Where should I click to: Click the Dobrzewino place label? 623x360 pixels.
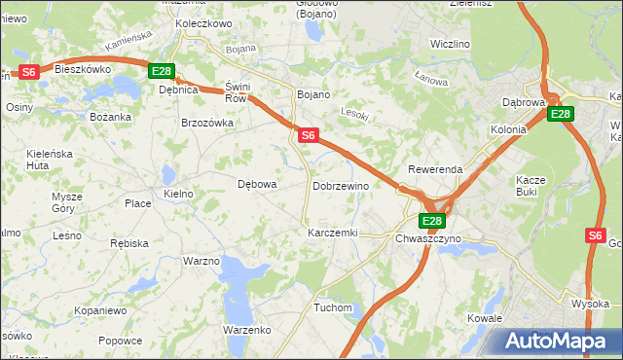pos(341,186)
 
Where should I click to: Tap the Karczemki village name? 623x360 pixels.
pos(333,234)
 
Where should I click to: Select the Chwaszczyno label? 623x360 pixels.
pos(428,238)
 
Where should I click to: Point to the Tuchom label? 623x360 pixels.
pos(332,307)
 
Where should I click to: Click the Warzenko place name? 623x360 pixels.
pos(246,330)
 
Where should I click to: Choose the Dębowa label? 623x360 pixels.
pos(258,183)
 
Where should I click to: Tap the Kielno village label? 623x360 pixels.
pos(179,195)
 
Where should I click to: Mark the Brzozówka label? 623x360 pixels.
pos(208,123)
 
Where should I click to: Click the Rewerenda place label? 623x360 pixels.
pos(435,169)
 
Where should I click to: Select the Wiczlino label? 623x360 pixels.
pos(451,45)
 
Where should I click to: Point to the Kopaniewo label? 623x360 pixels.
pos(100,310)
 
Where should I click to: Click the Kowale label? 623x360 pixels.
pos(484,318)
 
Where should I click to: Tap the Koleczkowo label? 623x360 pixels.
pos(203,22)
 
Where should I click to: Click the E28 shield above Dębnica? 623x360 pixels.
pos(162,71)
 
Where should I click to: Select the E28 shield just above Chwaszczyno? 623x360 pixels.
pos(433,221)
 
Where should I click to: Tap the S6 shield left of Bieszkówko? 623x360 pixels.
pos(28,71)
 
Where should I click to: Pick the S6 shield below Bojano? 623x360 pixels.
pos(307,135)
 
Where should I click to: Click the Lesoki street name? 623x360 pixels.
pos(356,114)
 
